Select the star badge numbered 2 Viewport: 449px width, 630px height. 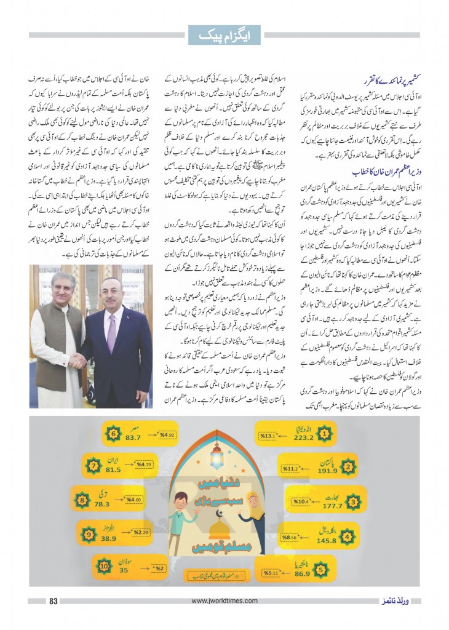click(348, 467)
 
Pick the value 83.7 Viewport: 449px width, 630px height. click(134, 437)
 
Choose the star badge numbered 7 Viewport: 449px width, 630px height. click(93, 466)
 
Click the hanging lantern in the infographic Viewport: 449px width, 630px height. click(217, 457)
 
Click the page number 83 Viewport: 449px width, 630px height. click(53, 601)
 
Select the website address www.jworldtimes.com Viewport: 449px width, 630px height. click(224, 601)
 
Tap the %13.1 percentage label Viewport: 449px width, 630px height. click(268, 436)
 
